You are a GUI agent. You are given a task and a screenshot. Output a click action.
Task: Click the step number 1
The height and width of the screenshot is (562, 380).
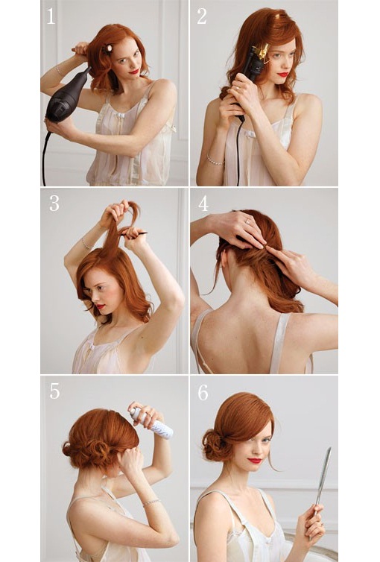point(51,16)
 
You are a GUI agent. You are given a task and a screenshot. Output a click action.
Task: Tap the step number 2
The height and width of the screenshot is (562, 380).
point(202,16)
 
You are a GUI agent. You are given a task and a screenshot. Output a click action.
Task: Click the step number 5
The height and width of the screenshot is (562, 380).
point(54,391)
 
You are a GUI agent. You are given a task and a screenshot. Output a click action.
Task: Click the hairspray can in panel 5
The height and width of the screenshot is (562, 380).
point(152,423)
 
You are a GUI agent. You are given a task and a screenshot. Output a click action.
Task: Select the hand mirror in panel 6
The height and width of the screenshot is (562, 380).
point(323,478)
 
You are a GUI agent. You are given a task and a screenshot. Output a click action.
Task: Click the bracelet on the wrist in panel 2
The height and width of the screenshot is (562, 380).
point(215,160)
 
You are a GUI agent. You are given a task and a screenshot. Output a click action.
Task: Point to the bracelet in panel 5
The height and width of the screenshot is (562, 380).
point(152,502)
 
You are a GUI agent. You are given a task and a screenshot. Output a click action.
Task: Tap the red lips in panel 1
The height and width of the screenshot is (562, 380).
point(134,72)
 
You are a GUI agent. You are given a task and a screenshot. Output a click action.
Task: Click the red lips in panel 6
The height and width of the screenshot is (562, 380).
point(255,461)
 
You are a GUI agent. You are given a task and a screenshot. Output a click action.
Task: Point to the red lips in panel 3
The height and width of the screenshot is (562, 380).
point(99,306)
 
